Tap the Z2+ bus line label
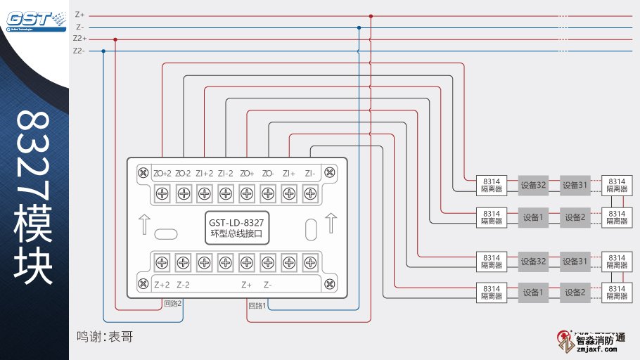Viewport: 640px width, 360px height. [x=79, y=39]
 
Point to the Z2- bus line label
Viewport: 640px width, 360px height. [x=79, y=51]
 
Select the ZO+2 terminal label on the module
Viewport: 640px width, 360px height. [x=162, y=173]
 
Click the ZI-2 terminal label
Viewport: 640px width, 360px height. [x=225, y=173]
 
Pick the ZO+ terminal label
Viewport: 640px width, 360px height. [x=247, y=173]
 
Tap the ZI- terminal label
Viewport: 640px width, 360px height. [x=310, y=173]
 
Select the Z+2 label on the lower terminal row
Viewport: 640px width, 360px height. [x=162, y=285]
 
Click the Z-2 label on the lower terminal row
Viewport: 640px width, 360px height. [x=183, y=285]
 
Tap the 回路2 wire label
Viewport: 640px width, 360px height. [x=173, y=304]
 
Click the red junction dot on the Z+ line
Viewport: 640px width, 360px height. [x=371, y=15]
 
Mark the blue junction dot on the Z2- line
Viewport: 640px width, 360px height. [x=103, y=51]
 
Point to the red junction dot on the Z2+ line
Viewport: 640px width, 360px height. [x=115, y=39]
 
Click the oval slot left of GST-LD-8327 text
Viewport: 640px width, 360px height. [x=165, y=233]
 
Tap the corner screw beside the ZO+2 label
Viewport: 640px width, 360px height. [x=143, y=172]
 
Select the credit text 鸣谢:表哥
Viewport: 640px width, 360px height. [x=105, y=337]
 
